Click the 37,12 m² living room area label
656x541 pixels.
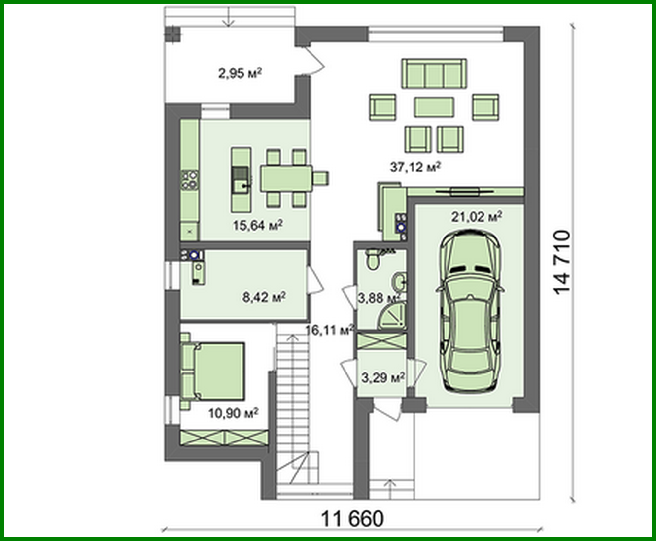point(415,167)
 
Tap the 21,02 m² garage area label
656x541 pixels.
point(477,216)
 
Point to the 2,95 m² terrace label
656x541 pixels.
point(240,73)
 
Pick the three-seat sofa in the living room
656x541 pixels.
point(434,74)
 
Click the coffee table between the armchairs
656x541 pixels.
point(434,107)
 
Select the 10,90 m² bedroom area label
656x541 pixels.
point(233,413)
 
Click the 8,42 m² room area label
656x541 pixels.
point(264,297)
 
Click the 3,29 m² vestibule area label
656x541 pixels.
point(382,378)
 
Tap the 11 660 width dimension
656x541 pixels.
point(352,519)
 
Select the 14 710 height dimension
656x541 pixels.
point(562,262)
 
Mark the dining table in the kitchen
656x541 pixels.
point(286,177)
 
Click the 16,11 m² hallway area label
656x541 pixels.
point(329,330)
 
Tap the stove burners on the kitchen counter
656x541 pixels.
point(190,180)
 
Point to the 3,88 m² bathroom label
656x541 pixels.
point(378,298)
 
